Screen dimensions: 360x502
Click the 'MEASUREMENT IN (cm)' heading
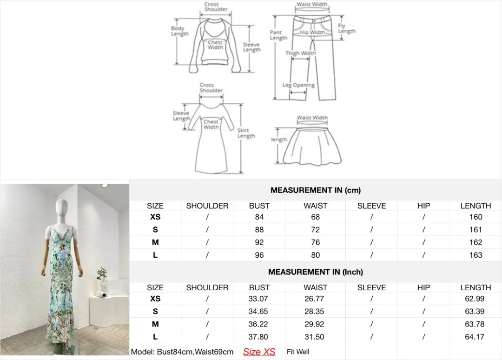[x=315, y=190]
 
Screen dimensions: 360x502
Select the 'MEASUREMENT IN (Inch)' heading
[x=315, y=272]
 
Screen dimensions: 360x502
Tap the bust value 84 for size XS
[x=259, y=217]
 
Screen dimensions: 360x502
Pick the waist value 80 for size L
[x=315, y=255]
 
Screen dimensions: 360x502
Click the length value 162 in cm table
[x=476, y=242]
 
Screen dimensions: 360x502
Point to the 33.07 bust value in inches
[x=259, y=299]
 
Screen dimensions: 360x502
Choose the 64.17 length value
[x=476, y=337]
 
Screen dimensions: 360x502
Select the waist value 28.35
[x=315, y=312]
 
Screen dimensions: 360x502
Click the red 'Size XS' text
[x=259, y=352]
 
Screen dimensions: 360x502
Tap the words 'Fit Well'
[x=298, y=352]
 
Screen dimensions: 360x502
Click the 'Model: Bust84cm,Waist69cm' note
[x=182, y=352]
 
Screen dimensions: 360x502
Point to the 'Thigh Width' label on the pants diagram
[x=300, y=53]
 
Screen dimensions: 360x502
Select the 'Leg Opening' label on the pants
[x=298, y=86]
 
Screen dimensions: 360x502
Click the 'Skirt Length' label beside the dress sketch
[x=246, y=133]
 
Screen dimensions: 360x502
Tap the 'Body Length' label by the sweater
[x=179, y=31]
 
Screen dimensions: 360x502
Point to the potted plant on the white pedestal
[x=102, y=276]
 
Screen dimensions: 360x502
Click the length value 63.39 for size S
[x=476, y=312]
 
